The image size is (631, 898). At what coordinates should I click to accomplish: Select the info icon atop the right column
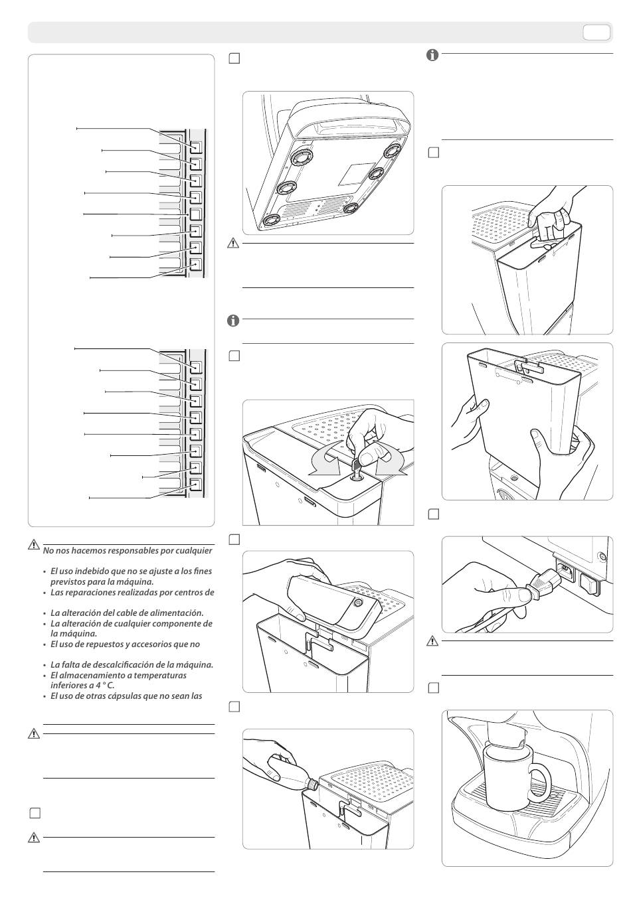point(432,56)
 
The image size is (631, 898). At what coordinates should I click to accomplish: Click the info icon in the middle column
point(233,321)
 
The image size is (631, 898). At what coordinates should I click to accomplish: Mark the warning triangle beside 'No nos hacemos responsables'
point(34,546)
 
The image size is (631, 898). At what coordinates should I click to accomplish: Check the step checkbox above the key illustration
point(234,356)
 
